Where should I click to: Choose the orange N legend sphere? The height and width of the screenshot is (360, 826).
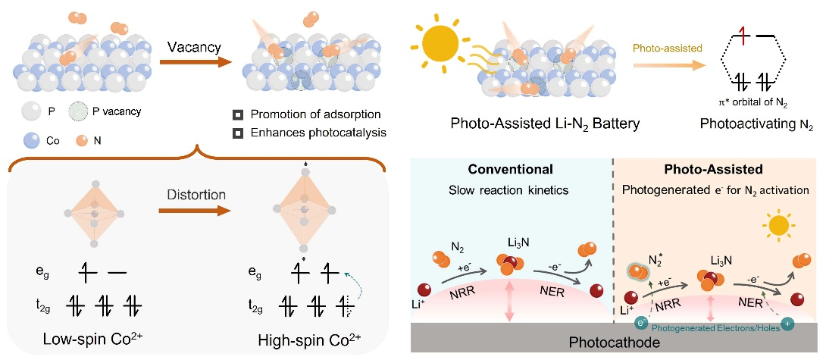[82, 139]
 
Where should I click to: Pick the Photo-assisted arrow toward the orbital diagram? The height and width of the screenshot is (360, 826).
[659, 64]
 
